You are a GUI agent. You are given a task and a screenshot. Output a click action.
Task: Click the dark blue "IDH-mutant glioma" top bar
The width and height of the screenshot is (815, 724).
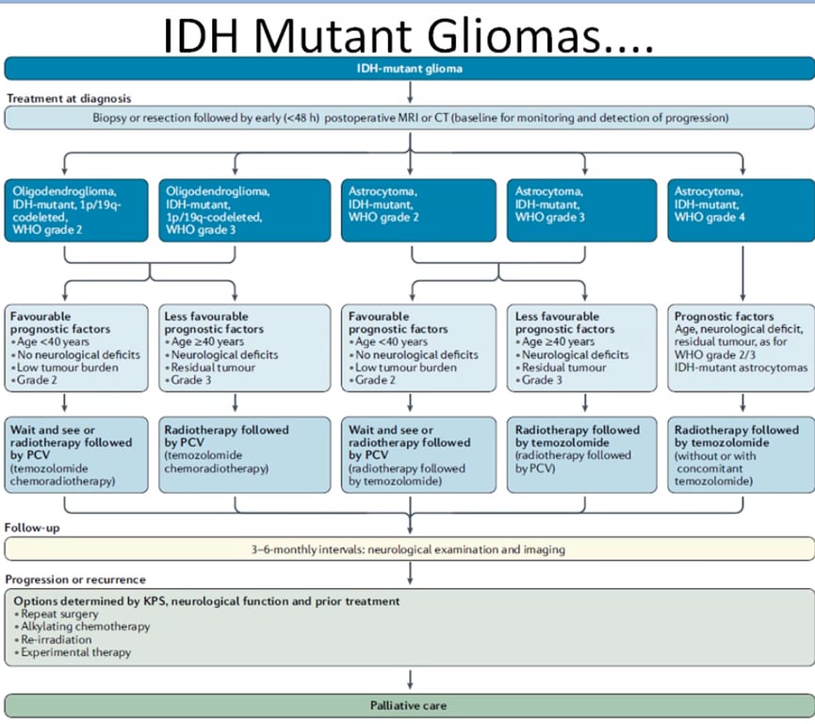(407, 68)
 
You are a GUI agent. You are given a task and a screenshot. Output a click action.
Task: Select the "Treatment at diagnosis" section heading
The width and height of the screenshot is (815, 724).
(70, 98)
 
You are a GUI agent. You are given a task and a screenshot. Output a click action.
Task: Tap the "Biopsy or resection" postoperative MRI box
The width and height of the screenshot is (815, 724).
(407, 118)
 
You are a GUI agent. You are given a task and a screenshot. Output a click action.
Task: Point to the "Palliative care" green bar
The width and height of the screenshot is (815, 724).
(407, 705)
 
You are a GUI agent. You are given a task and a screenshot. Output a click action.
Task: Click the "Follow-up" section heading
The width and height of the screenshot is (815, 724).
(32, 528)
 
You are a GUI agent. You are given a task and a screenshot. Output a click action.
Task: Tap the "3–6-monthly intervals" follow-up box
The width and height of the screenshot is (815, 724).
(407, 549)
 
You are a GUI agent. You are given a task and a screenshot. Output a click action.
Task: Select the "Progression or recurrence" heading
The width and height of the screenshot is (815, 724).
(76, 579)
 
